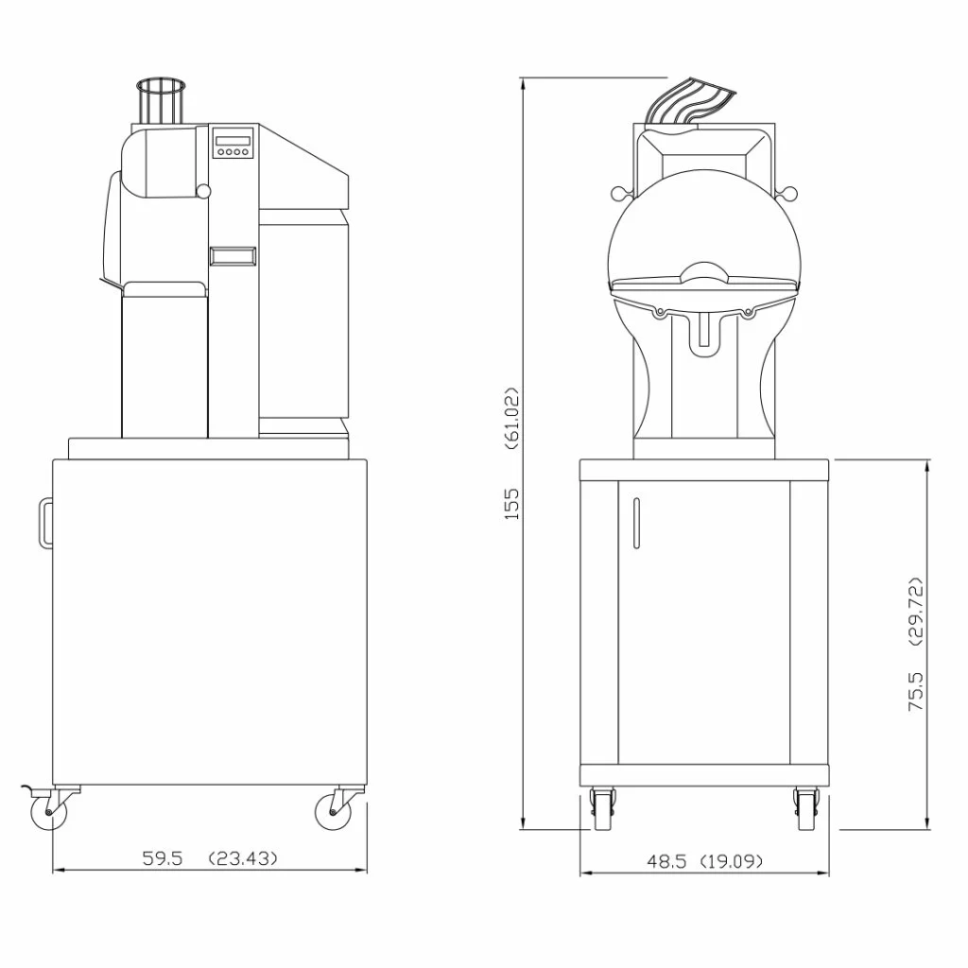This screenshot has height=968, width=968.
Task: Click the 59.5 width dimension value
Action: click(163, 858)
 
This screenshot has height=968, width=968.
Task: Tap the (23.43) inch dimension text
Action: click(243, 858)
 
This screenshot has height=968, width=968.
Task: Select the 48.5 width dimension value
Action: click(666, 861)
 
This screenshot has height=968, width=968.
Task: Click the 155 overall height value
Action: click(511, 504)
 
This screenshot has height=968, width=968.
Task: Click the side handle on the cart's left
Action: click(45, 522)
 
